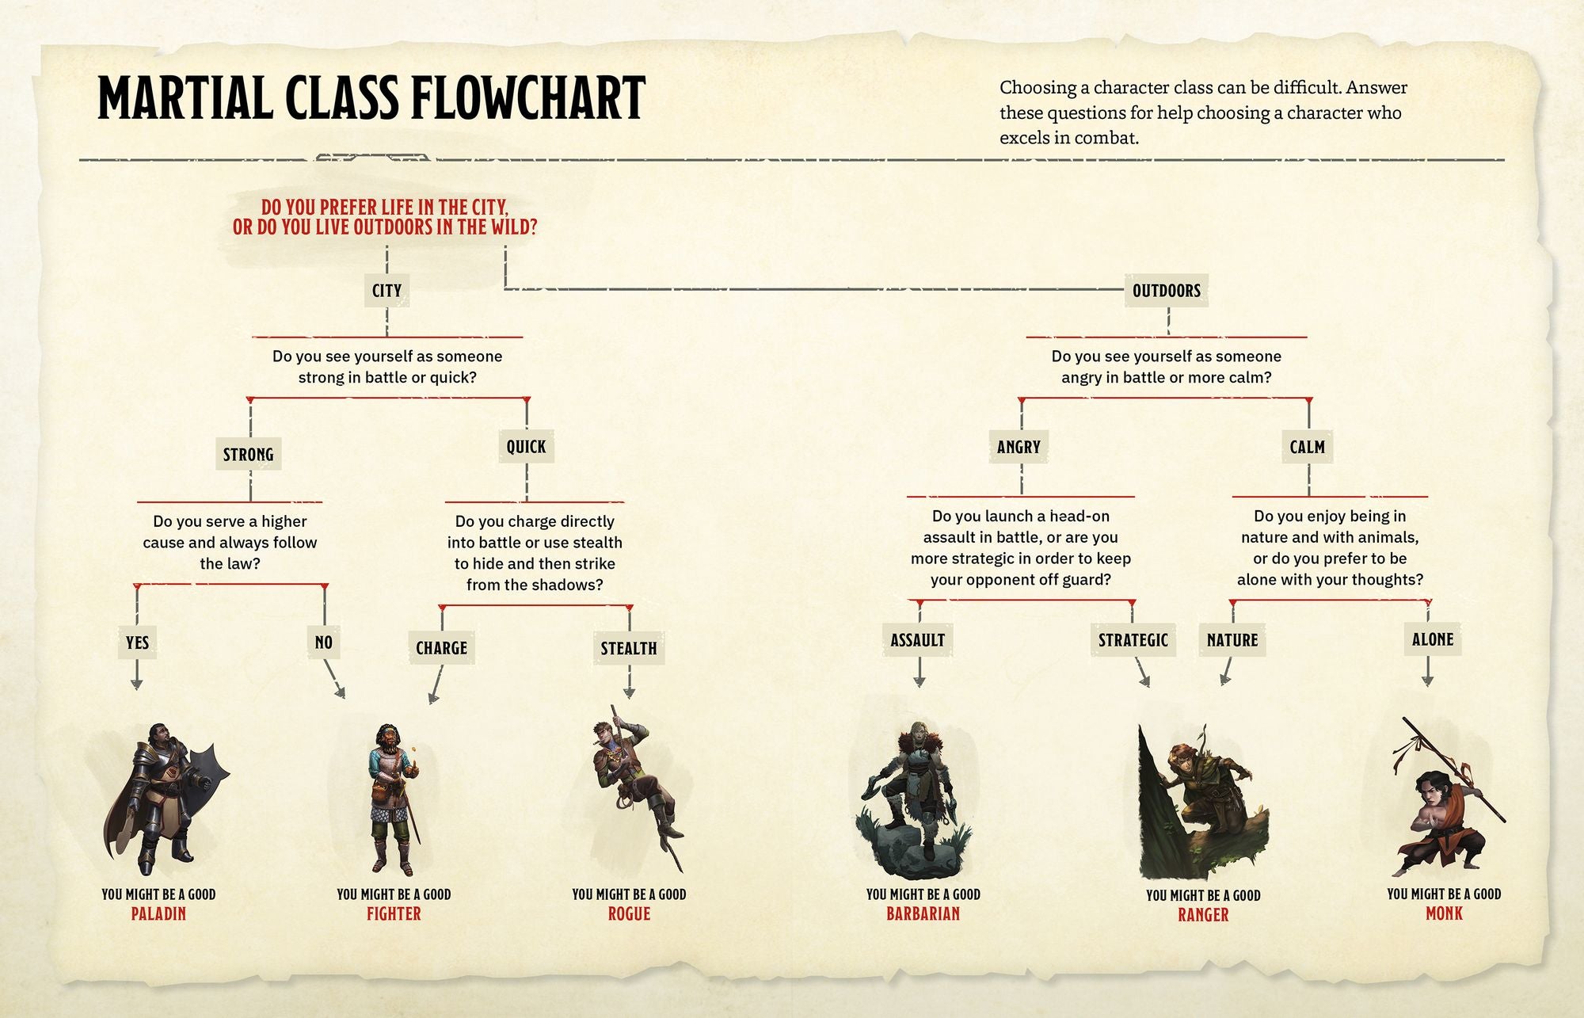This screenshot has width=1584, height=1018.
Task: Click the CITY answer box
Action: [386, 291]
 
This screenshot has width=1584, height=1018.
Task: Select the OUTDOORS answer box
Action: [1166, 291]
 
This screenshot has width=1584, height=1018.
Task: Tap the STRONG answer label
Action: [248, 455]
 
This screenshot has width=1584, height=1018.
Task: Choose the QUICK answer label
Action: [526, 447]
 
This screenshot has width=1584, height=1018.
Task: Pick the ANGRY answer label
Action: [1019, 447]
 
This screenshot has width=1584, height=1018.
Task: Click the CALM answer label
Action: [1307, 447]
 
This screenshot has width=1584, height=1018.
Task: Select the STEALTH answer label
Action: [628, 649]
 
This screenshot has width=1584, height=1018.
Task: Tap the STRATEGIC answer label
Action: [1133, 640]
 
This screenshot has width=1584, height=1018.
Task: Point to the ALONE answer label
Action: [1432, 639]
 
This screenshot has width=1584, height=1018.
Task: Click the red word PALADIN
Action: [158, 913]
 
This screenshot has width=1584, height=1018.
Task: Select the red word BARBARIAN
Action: [923, 913]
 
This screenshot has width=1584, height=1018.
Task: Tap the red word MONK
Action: [1444, 913]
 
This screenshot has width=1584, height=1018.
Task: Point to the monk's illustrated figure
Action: [1445, 808]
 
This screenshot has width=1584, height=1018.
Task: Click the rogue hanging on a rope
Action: [634, 784]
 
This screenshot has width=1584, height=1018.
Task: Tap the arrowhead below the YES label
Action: [137, 684]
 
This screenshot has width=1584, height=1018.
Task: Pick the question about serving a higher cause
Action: [230, 543]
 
